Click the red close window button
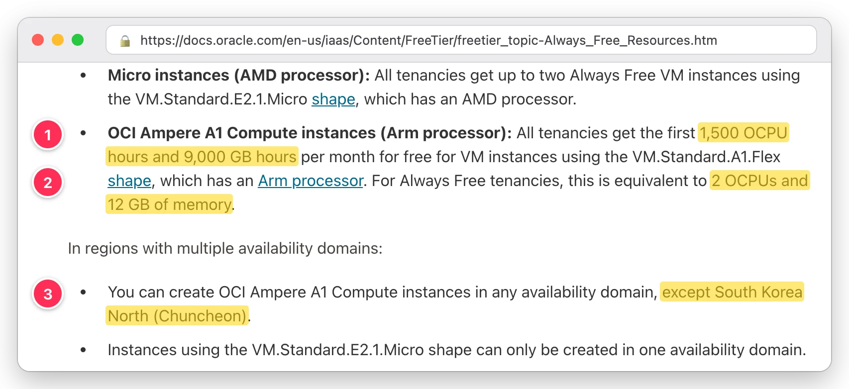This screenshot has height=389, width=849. click(38, 40)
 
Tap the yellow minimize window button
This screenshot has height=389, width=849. click(58, 40)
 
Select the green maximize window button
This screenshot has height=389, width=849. click(78, 40)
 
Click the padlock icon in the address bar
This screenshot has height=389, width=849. click(125, 40)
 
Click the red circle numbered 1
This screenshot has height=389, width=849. click(48, 134)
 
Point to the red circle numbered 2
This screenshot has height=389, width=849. click(48, 182)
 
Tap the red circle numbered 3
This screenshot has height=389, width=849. click(48, 293)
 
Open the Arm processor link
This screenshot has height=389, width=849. click(311, 181)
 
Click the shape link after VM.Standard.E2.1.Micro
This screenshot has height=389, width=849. click(333, 99)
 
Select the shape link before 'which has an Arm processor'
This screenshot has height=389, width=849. click(129, 181)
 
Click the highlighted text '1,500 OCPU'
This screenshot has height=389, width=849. click(743, 133)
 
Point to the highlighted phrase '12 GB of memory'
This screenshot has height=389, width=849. click(169, 204)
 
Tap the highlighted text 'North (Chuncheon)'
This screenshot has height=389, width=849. click(177, 316)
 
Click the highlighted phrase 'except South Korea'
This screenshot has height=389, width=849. click(732, 292)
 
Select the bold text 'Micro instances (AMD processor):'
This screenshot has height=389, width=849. click(239, 76)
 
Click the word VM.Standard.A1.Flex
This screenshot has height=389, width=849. click(707, 157)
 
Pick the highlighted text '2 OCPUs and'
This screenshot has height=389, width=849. click(759, 181)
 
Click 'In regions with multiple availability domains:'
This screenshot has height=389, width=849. click(225, 249)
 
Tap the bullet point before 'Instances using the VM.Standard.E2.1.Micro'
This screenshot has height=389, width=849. click(83, 350)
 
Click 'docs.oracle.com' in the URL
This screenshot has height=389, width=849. click(232, 40)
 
